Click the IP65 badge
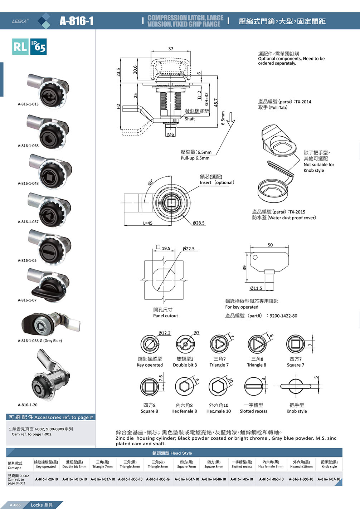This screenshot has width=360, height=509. [x=38, y=47]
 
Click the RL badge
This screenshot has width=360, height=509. [x=20, y=47]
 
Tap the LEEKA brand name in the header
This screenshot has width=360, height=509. [x=20, y=21]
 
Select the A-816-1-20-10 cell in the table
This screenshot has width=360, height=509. [x=47, y=479]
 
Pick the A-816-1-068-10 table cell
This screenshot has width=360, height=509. [x=271, y=479]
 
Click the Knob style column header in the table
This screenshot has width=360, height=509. [x=329, y=464]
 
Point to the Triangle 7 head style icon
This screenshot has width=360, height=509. [x=219, y=344]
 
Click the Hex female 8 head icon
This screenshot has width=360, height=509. [x=184, y=386]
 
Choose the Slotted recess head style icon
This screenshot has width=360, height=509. [x=253, y=386]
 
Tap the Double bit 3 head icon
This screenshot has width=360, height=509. [x=185, y=344]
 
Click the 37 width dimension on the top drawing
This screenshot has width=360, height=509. [x=171, y=49]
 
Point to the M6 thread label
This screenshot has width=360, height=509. [x=170, y=134]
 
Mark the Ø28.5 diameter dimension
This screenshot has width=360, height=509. [x=199, y=223]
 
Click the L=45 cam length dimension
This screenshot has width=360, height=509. [x=148, y=223]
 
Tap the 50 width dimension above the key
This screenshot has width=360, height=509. [x=270, y=245]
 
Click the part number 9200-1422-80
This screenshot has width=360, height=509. [x=283, y=316]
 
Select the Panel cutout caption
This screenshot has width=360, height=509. [x=165, y=315]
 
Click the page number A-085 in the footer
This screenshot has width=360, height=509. [x=15, y=505]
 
